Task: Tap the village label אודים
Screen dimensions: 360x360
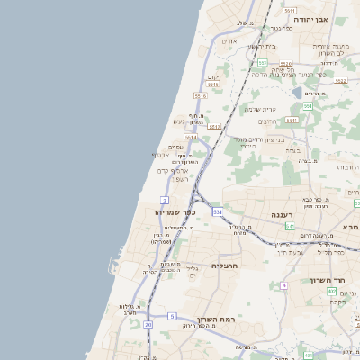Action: (x=229, y=41)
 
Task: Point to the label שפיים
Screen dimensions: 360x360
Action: (x=176, y=147)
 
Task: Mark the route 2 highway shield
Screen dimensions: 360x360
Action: (x=165, y=199)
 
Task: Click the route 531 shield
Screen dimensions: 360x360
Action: (x=217, y=211)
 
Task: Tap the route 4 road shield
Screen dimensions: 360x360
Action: (x=283, y=285)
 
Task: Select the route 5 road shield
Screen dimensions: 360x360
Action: (x=171, y=317)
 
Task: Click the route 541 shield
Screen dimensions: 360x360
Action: (x=289, y=226)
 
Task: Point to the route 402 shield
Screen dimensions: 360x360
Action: (x=331, y=292)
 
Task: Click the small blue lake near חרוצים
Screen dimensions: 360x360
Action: (x=297, y=92)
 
